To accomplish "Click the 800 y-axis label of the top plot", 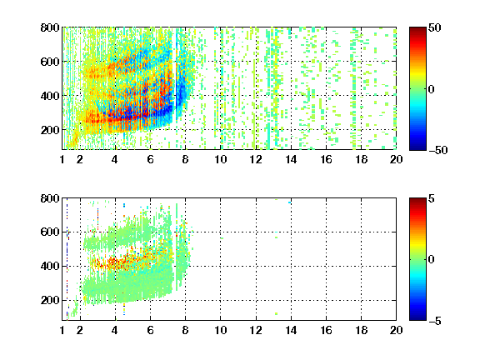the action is (x=50, y=27).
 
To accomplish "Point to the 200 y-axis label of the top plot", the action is (x=50, y=130).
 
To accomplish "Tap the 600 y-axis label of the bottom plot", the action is (x=50, y=232).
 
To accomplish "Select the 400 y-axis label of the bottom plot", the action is (x=50, y=266).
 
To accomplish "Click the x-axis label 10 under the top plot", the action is (x=220, y=159).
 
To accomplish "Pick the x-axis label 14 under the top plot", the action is (x=291, y=159).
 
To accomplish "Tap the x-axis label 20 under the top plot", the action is (x=396, y=159).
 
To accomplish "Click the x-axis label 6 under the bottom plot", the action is (x=150, y=330).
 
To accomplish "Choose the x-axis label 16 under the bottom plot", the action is (x=326, y=330).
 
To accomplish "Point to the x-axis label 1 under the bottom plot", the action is (x=62, y=330).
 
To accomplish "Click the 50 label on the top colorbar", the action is (x=435, y=27).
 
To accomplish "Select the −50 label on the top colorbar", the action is (x=438, y=150).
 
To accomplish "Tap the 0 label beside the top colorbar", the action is (x=432, y=89).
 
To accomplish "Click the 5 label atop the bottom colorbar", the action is (x=432, y=198).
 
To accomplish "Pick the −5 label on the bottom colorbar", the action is (x=435, y=321).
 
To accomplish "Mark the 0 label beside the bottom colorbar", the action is (x=432, y=260).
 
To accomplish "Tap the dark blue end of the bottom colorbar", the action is (x=417, y=317).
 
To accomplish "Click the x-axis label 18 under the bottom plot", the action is (x=361, y=330).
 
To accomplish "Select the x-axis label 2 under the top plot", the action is (x=80, y=159).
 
